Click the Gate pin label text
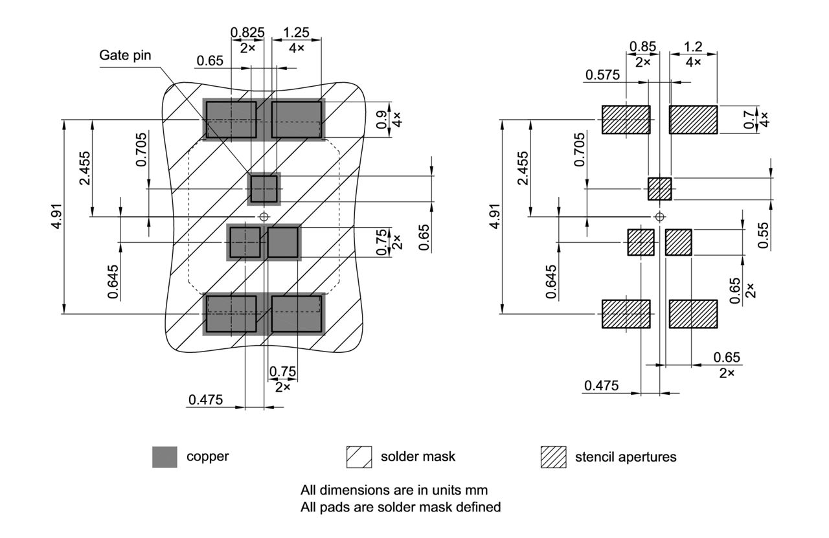[125, 55]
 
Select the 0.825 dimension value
[247, 33]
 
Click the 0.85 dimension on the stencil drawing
[642, 47]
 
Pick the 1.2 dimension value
[693, 47]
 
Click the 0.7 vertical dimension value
[750, 120]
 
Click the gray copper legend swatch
[165, 457]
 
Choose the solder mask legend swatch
[359, 457]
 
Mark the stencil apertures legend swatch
[553, 457]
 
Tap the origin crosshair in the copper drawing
[264, 216]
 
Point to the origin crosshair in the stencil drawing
[659, 216]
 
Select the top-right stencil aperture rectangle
[693, 120]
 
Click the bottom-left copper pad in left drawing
[231, 314]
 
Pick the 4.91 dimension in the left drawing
[58, 217]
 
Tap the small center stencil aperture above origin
[659, 189]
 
